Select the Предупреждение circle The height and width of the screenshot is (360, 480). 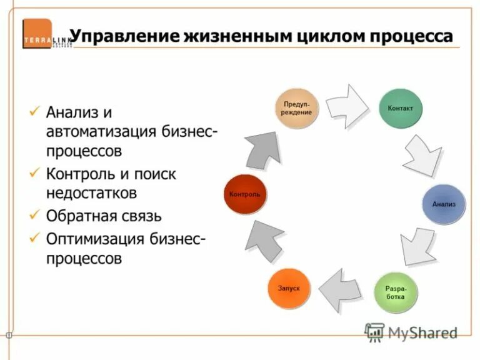(x=297, y=107)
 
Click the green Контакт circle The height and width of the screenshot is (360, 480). (x=401, y=107)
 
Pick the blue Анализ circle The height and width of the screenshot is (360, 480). (x=444, y=204)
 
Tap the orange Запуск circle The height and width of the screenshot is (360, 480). (x=289, y=288)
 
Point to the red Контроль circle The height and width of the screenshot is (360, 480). (x=244, y=194)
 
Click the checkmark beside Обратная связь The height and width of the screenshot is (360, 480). (x=35, y=216)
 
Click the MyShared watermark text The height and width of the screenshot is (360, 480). (x=422, y=332)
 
